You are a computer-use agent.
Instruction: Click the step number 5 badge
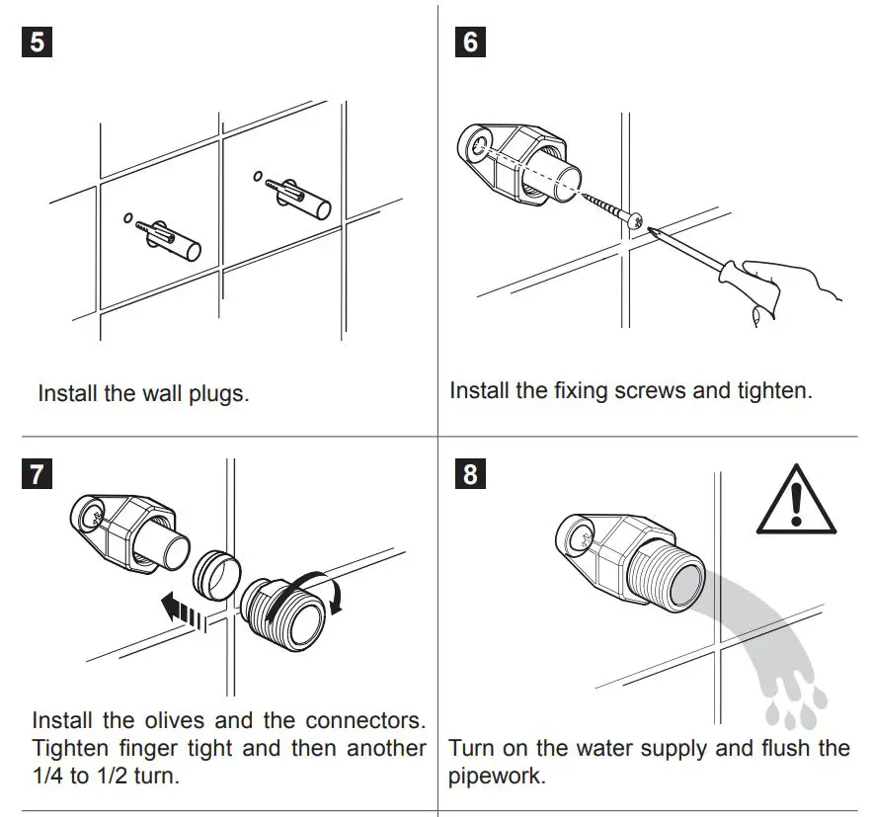pyautogui.click(x=37, y=45)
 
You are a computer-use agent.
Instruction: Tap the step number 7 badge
pyautogui.click(x=37, y=473)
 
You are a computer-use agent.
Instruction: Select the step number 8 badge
pyautogui.click(x=470, y=473)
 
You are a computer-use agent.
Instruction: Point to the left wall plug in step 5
pyautogui.click(x=171, y=236)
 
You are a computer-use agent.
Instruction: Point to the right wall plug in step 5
pyautogui.click(x=300, y=195)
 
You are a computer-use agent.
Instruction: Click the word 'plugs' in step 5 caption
pyautogui.click(x=216, y=393)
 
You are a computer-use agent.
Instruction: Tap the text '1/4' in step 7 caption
pyautogui.click(x=48, y=776)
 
